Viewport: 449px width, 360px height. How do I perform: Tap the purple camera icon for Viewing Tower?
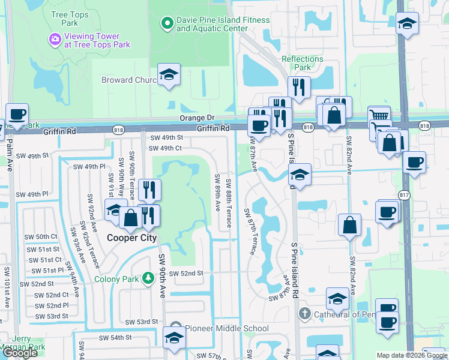(55, 39)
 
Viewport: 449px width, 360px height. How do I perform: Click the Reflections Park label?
(303, 63)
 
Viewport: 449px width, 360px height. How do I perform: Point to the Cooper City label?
(131, 238)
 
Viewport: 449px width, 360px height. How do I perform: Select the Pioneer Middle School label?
(227, 328)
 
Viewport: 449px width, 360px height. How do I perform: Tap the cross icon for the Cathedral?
(304, 314)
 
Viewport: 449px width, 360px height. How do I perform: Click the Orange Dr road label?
(197, 118)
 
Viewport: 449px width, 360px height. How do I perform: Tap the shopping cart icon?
(379, 116)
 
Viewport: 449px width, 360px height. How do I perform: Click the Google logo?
(20, 353)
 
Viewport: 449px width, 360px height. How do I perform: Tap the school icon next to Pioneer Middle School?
(174, 337)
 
